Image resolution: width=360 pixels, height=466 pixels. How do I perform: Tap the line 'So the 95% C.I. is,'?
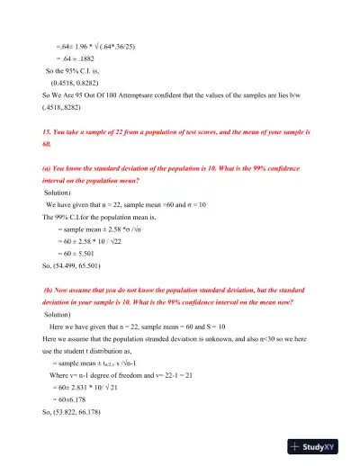tap(79, 68)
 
